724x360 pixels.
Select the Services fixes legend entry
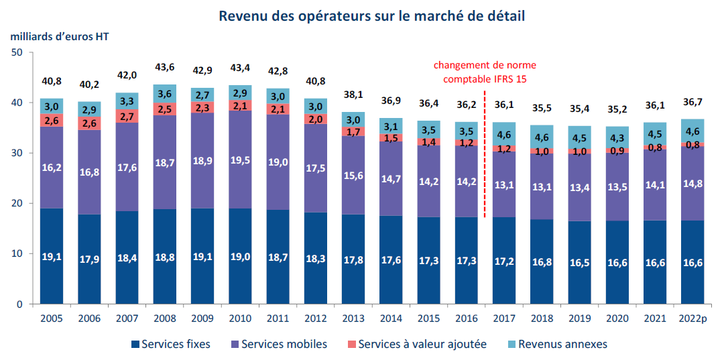click(x=170, y=344)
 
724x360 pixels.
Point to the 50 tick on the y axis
click(x=17, y=52)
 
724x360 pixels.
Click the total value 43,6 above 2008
click(x=164, y=67)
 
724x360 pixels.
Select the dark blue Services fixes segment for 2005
click(x=52, y=256)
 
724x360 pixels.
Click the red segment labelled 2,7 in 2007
click(x=127, y=116)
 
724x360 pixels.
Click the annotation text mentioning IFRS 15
click(x=484, y=72)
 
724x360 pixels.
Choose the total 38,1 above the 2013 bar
click(x=353, y=95)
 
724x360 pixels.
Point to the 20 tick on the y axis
click(x=17, y=203)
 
